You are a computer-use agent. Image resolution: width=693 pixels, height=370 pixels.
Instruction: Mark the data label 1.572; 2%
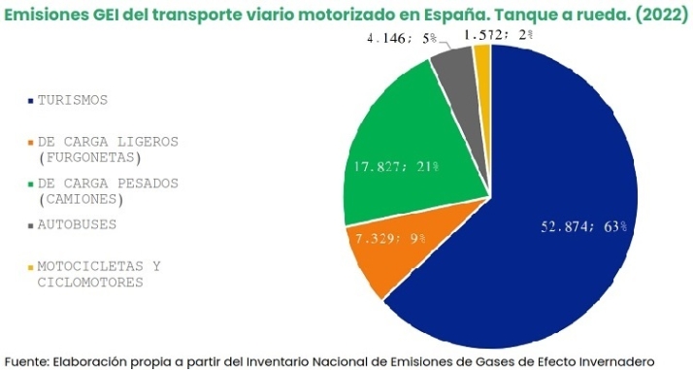pyautogui.click(x=498, y=35)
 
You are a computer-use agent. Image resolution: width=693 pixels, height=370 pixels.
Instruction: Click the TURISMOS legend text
pyautogui.click(x=73, y=100)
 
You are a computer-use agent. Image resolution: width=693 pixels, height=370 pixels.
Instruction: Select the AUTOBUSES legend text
pyautogui.click(x=77, y=224)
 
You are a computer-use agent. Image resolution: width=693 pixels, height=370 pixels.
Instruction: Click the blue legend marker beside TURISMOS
pyautogui.click(x=31, y=100)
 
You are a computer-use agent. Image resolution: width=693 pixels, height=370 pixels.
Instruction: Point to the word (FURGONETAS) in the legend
pyautogui.click(x=88, y=157)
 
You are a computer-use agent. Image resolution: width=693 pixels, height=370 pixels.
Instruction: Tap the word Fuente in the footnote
pyautogui.click(x=26, y=359)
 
